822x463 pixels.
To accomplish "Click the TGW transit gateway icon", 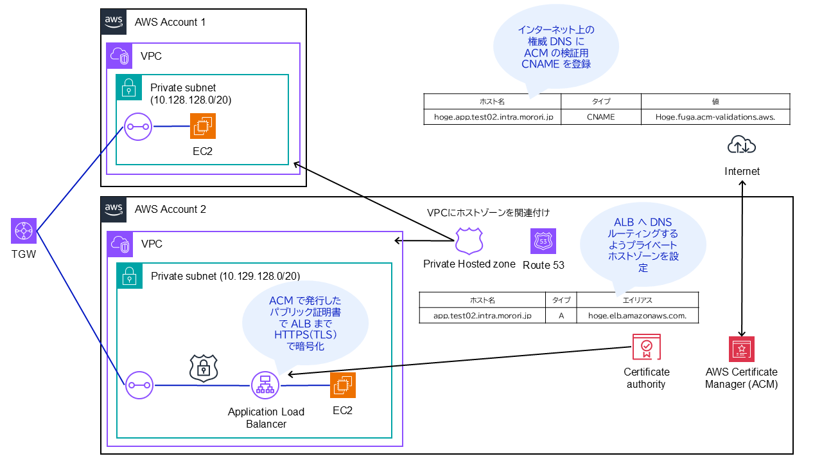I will point(23,230).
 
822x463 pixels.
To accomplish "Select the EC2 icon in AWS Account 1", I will point(203,126).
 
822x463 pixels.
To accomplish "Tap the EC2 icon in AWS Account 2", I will point(342,385).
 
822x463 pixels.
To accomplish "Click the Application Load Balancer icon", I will point(263,385).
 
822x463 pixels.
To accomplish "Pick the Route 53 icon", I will point(543,242).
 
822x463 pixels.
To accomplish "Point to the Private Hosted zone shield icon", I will point(468,241).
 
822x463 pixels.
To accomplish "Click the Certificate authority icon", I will point(646,347).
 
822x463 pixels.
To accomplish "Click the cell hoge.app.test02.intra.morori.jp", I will point(492,117).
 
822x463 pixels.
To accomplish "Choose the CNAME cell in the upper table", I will point(600,117).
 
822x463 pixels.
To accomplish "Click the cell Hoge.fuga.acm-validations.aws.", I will point(715,117).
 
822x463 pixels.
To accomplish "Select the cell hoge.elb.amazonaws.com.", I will point(637,316).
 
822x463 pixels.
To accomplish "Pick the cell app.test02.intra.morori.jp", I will point(482,316).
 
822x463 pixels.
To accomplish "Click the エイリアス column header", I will point(637,300).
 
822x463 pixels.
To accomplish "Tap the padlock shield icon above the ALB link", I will point(203,368).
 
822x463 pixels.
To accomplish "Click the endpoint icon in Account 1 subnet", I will point(137,127).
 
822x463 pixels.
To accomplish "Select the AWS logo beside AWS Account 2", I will point(114,210).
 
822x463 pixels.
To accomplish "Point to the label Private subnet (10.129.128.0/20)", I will point(225,277).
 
